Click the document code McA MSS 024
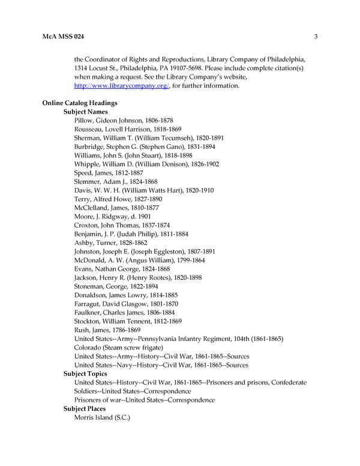(x=63, y=37)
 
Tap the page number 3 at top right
(x=315, y=37)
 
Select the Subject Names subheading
(x=86, y=112)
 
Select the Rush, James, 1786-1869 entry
(x=107, y=330)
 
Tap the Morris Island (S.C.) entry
(x=102, y=417)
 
